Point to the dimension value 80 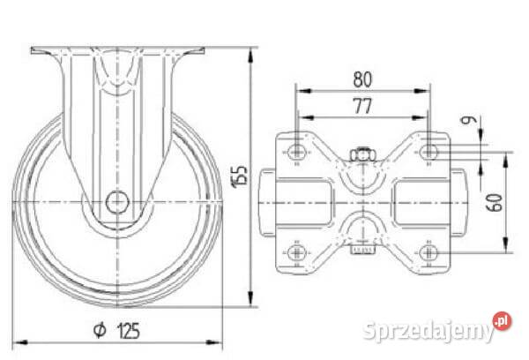tap(362, 79)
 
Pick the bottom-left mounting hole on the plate tap(297, 253)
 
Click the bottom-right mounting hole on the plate tap(429, 253)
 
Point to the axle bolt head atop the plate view tap(362, 156)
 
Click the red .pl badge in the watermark tap(503, 321)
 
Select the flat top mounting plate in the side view tap(116, 49)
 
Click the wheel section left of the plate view tap(268, 203)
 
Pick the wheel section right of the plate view tap(458, 203)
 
